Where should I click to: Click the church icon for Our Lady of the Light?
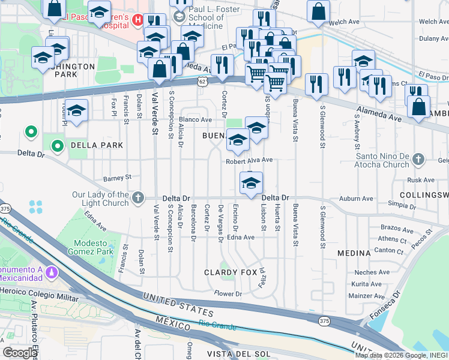[138, 197]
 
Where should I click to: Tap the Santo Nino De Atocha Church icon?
[419, 160]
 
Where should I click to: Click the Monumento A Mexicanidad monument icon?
[52, 273]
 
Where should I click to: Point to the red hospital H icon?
[137, 20]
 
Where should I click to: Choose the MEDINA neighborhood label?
[354, 253]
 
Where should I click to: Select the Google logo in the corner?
[20, 353]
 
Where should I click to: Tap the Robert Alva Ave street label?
[249, 161]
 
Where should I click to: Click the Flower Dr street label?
[228, 293]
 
